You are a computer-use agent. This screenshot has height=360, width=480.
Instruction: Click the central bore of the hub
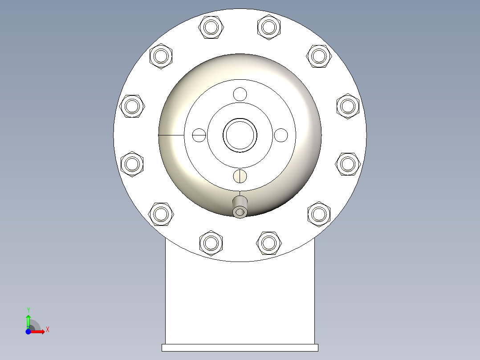click(x=240, y=135)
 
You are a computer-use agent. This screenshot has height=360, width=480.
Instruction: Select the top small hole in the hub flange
click(x=240, y=94)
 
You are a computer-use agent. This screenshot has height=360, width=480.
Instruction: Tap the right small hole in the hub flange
click(x=281, y=135)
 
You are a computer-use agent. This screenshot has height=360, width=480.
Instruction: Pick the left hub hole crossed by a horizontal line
click(x=199, y=135)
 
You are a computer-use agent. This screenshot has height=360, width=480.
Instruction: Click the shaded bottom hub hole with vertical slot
click(x=240, y=176)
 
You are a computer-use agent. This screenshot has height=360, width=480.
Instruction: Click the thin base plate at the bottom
click(x=240, y=348)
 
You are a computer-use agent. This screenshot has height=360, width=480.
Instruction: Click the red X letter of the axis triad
click(x=48, y=330)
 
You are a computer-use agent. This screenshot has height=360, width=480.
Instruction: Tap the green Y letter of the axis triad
click(x=28, y=309)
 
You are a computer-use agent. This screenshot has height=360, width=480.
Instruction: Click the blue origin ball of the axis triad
click(x=28, y=332)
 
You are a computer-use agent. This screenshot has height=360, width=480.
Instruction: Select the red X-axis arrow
click(x=38, y=332)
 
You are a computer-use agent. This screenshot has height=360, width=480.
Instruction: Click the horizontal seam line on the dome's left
click(x=171, y=135)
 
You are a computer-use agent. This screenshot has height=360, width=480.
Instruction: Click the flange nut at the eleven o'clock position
click(x=211, y=27)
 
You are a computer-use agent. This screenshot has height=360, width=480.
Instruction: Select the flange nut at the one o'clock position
click(x=269, y=27)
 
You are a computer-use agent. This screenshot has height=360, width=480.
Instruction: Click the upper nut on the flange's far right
click(x=348, y=106)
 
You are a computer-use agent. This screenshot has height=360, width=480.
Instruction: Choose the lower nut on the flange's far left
click(x=132, y=164)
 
